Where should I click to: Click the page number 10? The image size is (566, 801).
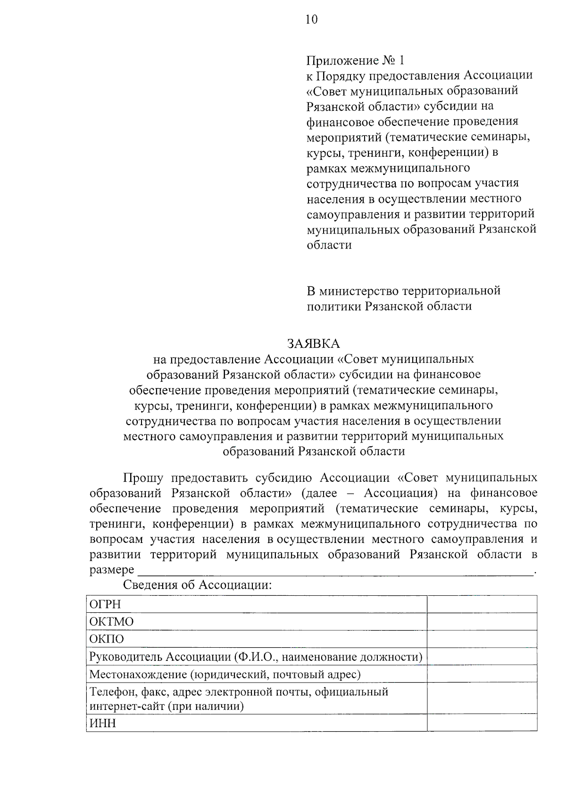[311, 19]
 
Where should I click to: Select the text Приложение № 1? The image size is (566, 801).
[355, 60]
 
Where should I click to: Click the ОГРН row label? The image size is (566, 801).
[105, 604]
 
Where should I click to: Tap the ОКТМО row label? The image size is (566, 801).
[111, 622]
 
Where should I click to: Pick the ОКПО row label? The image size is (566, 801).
[107, 639]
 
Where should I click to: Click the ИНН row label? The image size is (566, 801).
[103, 723]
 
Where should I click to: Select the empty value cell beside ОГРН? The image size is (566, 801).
[482, 604]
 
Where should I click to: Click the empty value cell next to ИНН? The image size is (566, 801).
[482, 723]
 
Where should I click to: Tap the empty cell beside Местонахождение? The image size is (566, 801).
[482, 674]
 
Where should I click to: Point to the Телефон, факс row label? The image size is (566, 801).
[239, 692]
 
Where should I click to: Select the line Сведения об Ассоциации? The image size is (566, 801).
[198, 585]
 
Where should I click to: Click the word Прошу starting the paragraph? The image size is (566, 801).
[143, 478]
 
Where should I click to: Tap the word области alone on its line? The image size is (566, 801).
[329, 245]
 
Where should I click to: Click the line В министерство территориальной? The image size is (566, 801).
[403, 291]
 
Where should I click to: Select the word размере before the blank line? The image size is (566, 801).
[111, 570]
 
